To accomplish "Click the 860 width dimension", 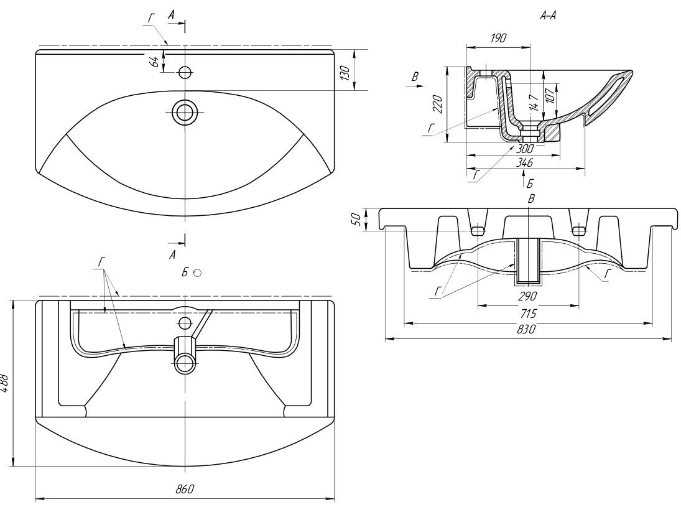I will [185, 489].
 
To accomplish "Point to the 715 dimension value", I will [527, 314].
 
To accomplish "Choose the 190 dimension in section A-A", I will [498, 39].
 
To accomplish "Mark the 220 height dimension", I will [437, 105].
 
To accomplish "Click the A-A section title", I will [547, 16].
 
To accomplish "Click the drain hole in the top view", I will [185, 112].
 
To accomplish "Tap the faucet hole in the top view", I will [185, 72].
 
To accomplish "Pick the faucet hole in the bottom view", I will [185, 323].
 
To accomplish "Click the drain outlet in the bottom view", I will [185, 363].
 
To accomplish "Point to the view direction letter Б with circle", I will [190, 272].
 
